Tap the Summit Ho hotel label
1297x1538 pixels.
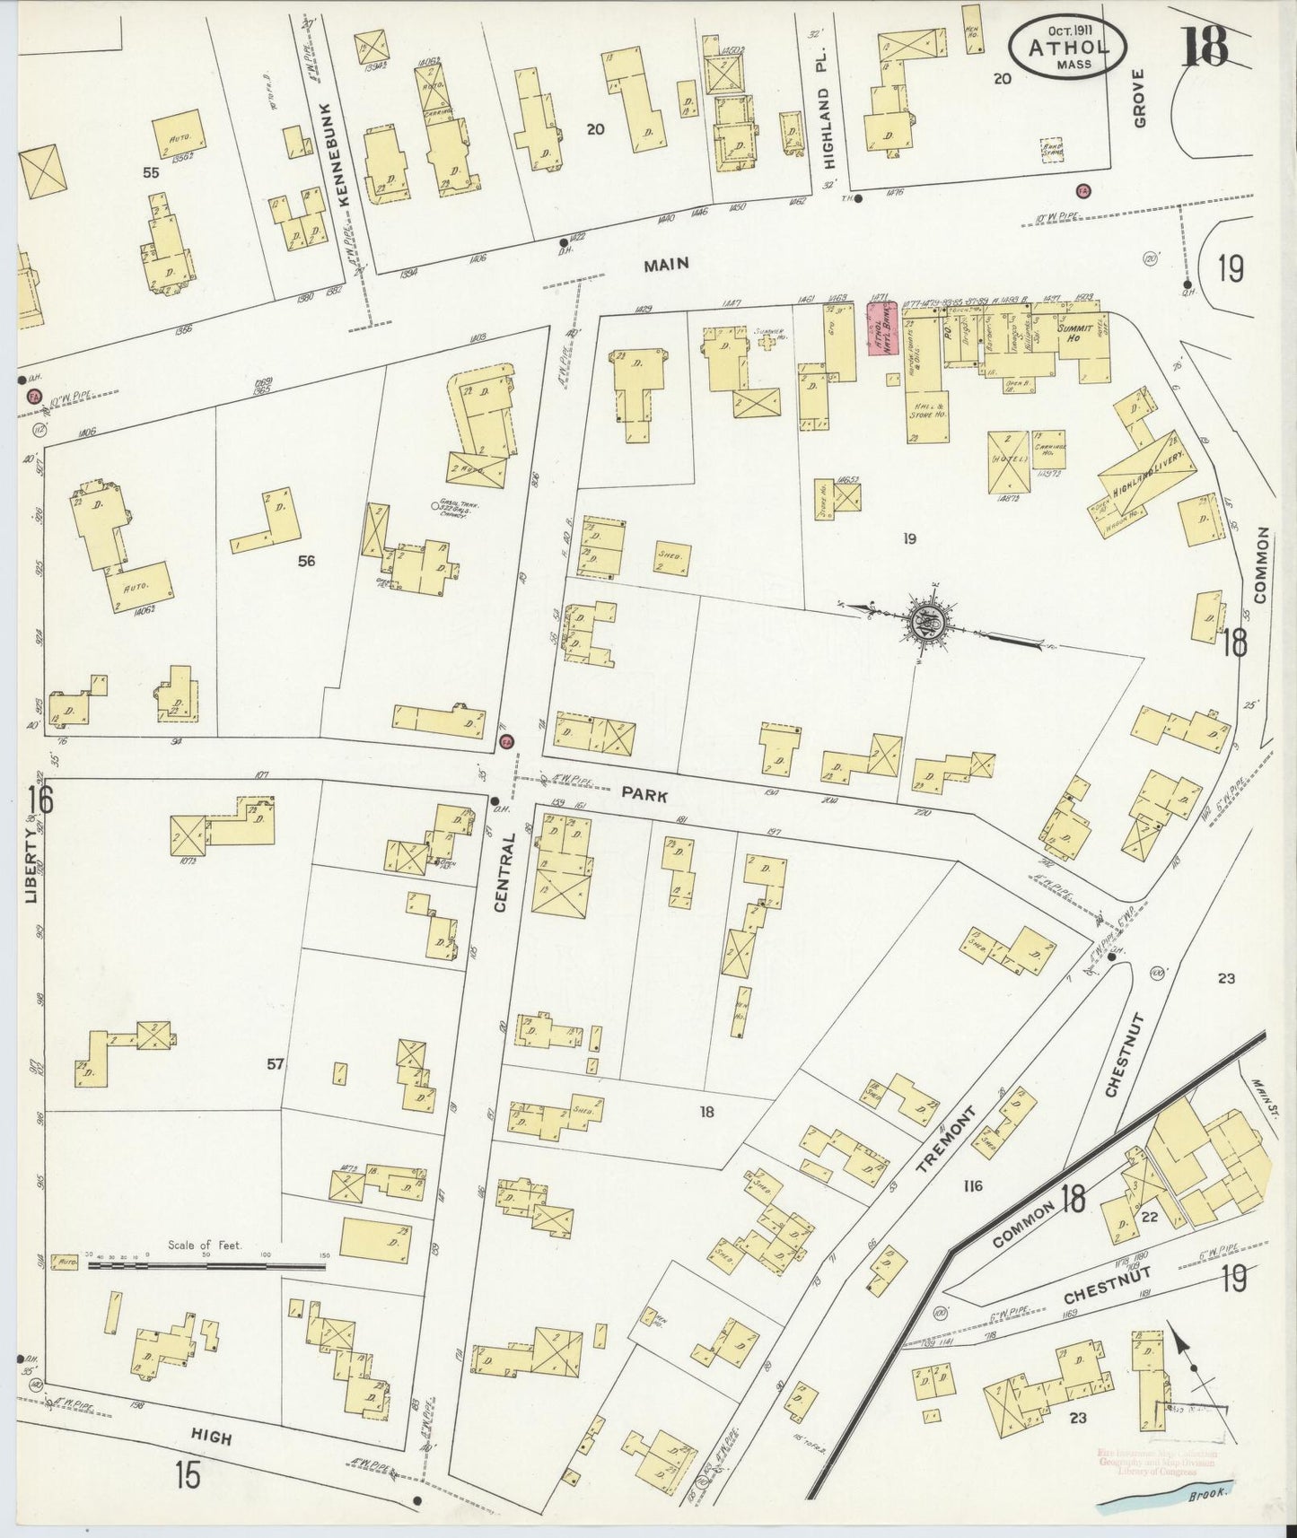pyautogui.click(x=1074, y=334)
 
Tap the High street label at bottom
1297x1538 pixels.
pyautogui.click(x=212, y=1438)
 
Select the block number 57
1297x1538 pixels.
pyautogui.click(x=275, y=1064)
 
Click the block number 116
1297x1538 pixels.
pyautogui.click(x=971, y=1186)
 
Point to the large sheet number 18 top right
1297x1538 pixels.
pyautogui.click(x=1205, y=47)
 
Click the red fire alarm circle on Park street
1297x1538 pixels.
pyautogui.click(x=506, y=742)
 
